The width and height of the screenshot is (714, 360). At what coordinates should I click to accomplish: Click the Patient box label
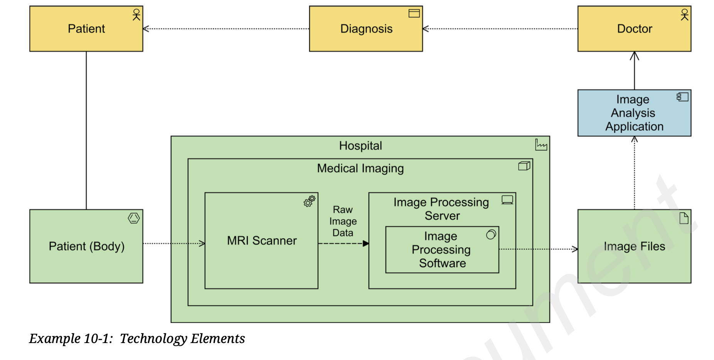(86, 29)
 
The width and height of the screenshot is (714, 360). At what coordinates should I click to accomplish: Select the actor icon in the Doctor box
(684, 15)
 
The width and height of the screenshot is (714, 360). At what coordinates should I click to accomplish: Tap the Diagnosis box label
(366, 29)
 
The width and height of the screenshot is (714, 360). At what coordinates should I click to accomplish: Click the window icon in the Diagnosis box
(414, 13)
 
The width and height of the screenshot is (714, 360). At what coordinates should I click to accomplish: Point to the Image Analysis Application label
(634, 113)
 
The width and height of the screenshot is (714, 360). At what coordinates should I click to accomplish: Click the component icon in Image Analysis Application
(682, 97)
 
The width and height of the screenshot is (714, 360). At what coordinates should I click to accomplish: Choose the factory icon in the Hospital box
(541, 145)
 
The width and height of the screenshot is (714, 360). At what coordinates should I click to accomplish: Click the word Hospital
(360, 146)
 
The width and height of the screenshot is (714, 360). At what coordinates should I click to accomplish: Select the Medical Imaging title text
(360, 168)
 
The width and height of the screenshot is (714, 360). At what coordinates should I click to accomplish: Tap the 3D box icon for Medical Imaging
(524, 166)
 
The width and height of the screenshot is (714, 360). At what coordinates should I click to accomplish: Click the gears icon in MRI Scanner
(309, 201)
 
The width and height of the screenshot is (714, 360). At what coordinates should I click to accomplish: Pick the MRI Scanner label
(262, 241)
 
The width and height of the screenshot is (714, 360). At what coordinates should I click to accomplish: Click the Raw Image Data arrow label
(343, 221)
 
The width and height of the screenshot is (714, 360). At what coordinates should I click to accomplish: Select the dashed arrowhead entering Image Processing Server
(366, 244)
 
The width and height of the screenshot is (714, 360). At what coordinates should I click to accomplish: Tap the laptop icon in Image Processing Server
(507, 200)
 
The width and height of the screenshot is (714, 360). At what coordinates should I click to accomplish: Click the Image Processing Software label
(441, 250)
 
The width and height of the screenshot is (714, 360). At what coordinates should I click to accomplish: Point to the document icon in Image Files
(684, 218)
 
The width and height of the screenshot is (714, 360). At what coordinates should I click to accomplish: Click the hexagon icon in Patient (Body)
(134, 218)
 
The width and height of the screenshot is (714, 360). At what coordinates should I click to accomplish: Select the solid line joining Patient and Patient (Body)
(86, 131)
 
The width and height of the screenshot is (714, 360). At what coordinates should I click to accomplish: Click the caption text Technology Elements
(182, 338)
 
